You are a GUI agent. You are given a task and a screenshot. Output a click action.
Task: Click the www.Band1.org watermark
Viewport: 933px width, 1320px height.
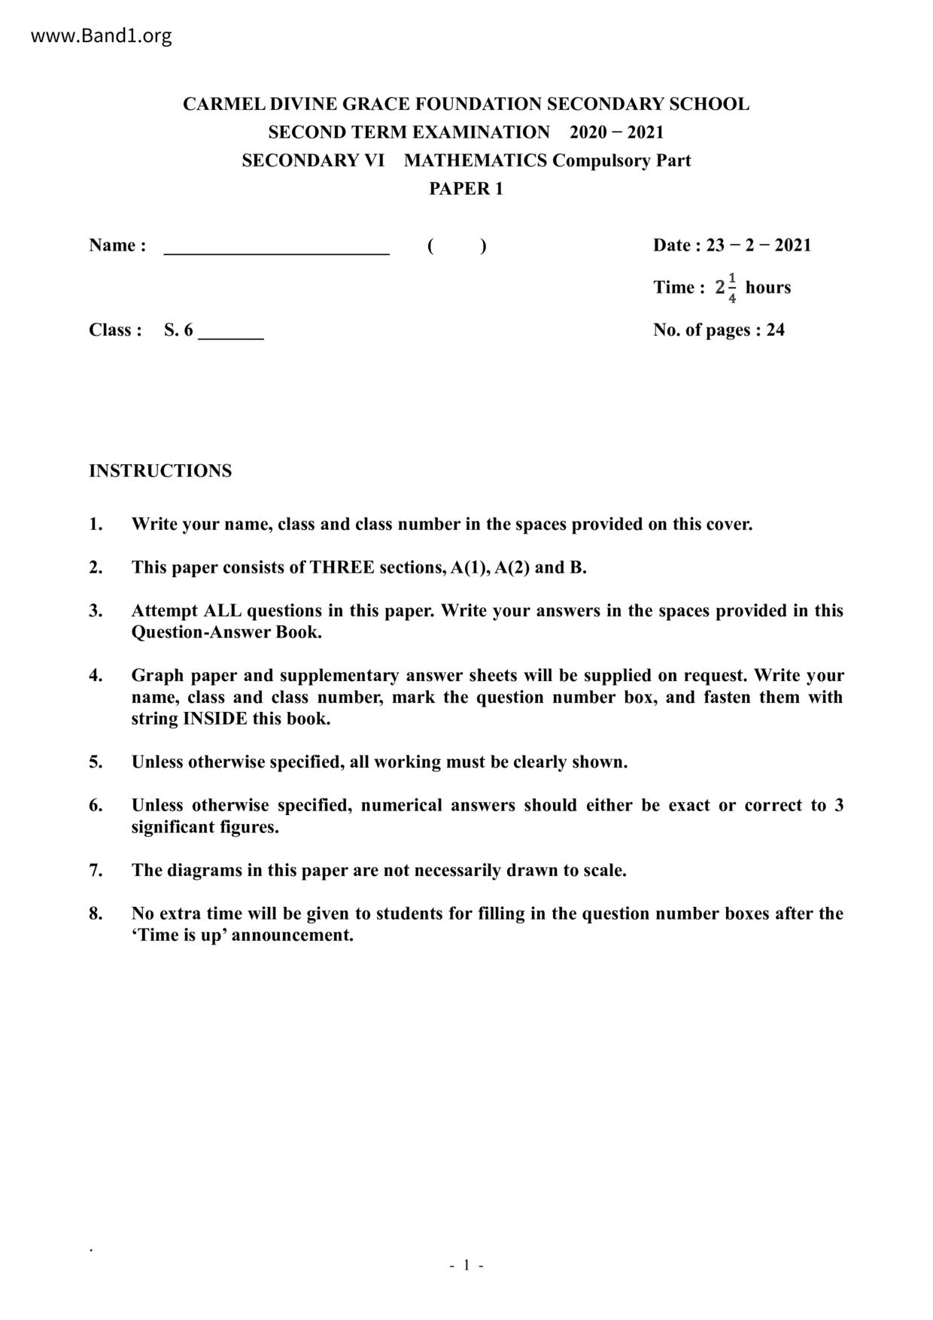pos(102,35)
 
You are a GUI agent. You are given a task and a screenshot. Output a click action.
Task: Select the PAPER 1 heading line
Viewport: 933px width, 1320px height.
pos(466,188)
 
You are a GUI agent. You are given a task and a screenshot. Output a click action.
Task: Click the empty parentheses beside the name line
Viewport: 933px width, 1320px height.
pos(456,245)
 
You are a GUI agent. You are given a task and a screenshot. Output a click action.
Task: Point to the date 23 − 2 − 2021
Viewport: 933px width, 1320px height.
pos(758,245)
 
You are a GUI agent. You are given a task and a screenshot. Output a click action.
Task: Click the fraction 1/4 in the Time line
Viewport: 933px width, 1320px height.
pos(732,287)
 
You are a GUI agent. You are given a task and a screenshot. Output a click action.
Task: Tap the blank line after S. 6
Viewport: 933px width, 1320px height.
pos(231,333)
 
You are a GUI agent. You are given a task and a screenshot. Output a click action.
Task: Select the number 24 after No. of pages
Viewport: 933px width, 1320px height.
pos(775,330)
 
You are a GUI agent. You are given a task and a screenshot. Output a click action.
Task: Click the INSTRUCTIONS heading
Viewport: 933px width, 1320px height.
pos(160,470)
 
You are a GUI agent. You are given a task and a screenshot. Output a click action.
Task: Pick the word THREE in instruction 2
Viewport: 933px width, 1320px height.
pos(342,567)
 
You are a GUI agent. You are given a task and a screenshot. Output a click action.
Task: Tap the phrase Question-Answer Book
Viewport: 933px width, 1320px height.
pos(226,632)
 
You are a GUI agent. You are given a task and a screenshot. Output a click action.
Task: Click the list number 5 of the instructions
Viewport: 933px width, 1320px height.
pos(96,762)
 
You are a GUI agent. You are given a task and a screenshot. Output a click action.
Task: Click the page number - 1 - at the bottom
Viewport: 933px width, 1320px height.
pos(466,1265)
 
